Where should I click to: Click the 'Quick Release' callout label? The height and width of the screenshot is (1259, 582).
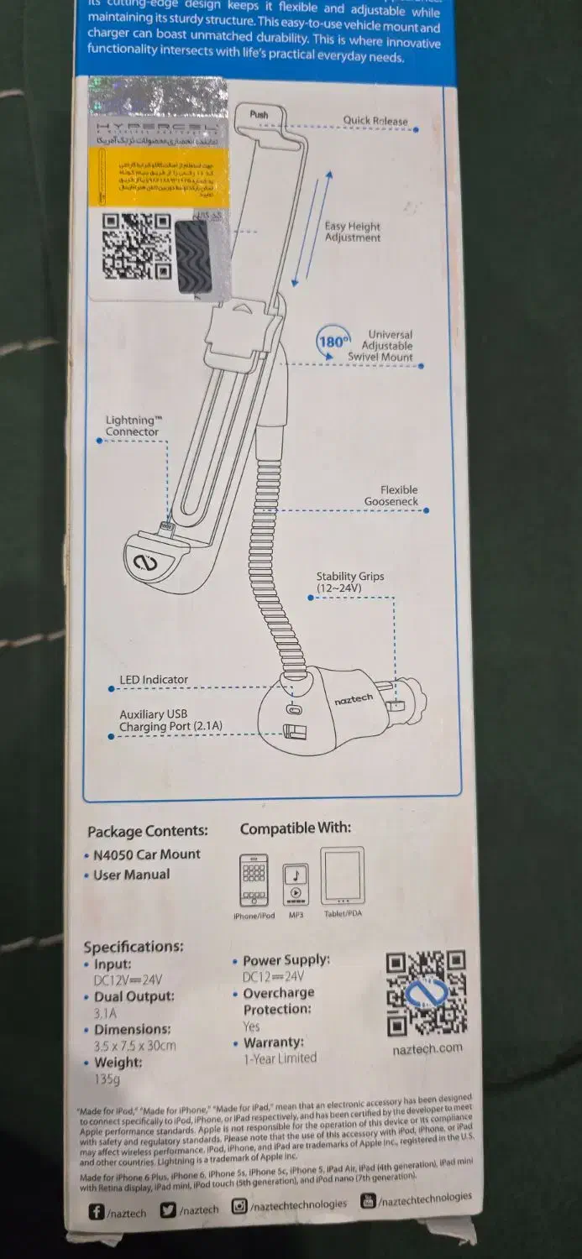pos(375,120)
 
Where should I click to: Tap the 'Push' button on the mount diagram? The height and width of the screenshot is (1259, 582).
pos(259,114)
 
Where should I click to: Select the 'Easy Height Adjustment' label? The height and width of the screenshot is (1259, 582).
pos(353,232)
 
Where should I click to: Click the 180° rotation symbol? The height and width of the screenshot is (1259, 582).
pos(332,342)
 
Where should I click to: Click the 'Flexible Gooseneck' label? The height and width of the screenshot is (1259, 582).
pos(392,495)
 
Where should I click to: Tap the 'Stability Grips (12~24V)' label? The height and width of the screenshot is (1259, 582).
pos(349,582)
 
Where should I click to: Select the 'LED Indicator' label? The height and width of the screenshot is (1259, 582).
pos(154,680)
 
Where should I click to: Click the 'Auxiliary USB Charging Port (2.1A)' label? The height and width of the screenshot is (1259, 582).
pos(170,720)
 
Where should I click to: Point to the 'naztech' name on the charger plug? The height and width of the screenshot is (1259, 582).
pos(354,699)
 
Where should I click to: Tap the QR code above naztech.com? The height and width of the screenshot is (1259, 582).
pos(425,994)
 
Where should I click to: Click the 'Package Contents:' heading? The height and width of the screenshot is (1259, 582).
pos(148,831)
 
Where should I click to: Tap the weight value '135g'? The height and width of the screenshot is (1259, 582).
pos(107,1079)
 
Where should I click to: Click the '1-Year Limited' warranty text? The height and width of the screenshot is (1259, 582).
pos(280,1058)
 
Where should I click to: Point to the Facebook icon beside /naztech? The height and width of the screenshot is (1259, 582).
pos(97,1211)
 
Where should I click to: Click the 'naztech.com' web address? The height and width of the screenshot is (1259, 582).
pos(427,1048)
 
